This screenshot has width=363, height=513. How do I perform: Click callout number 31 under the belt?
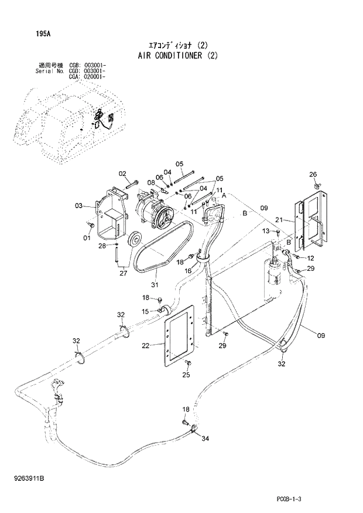[155, 285]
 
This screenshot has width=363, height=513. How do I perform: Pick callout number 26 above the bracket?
[313, 174]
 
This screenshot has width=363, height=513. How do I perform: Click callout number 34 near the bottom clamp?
[205, 438]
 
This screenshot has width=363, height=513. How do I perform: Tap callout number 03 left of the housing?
[78, 205]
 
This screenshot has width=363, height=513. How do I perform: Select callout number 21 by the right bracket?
[280, 220]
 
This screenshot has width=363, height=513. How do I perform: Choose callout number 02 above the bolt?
[123, 173]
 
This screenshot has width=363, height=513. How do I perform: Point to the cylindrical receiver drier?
[274, 276]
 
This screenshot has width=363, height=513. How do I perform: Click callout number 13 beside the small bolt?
[265, 230]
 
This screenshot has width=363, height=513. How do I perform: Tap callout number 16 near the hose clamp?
[189, 271]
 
